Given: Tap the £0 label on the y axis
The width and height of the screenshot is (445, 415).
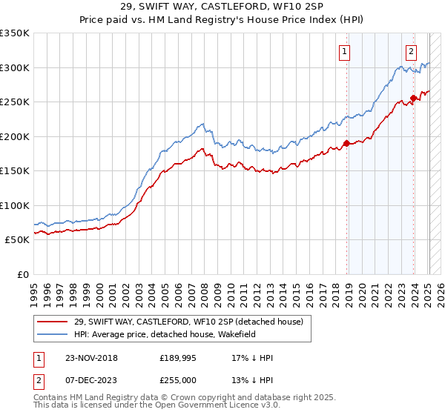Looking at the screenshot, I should [x=22, y=274].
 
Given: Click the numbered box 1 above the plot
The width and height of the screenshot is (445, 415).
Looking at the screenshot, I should [x=346, y=51].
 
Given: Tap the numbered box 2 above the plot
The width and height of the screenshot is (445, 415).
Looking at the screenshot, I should [x=411, y=51].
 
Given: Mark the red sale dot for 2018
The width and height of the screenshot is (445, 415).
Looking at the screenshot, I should [x=346, y=144].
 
